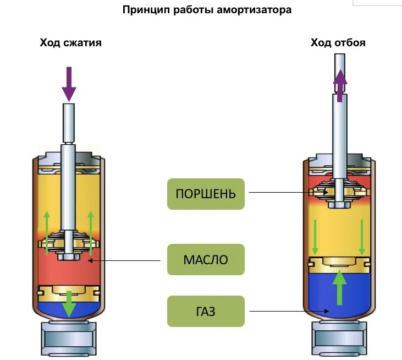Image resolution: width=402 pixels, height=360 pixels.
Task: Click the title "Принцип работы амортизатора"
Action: click(206, 10)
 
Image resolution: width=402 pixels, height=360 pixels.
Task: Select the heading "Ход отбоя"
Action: click(338, 42)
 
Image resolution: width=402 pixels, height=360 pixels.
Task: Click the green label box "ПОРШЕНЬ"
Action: click(206, 194)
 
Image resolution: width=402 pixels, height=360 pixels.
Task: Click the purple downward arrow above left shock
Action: click(69, 83)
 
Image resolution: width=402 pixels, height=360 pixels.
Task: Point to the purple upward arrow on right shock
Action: click(340, 85)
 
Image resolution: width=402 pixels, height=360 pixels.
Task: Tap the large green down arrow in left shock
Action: click(69, 303)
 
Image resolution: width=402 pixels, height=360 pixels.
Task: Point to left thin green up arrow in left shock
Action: click(47, 231)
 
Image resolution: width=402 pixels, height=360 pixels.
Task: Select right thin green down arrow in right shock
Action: click(362, 237)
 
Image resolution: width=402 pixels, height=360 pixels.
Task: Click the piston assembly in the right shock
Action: click(339, 193)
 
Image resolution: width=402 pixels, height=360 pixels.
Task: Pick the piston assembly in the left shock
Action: click(68, 244)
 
